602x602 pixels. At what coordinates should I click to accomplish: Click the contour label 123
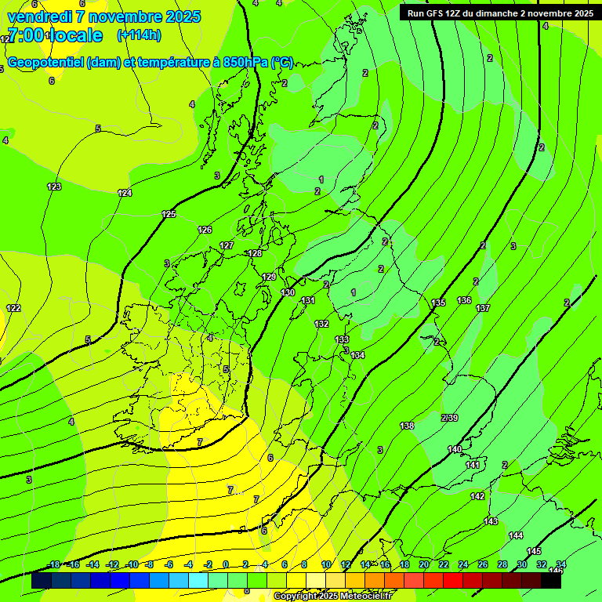tap(54, 187)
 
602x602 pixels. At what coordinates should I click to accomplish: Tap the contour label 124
tap(125, 193)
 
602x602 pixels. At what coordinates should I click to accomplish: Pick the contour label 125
tap(169, 214)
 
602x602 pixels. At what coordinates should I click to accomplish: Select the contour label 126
tap(205, 230)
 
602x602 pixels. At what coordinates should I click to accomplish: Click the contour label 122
tap(13, 308)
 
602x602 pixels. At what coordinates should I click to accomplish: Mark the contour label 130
tap(288, 292)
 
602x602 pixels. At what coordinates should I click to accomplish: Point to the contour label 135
tap(438, 303)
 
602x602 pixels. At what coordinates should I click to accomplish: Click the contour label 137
tap(483, 308)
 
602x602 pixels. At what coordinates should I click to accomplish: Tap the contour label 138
tap(407, 426)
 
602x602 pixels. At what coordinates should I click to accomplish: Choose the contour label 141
tap(473, 465)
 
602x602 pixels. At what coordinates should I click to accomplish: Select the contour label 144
tap(515, 535)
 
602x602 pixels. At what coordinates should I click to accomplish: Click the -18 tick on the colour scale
tap(54, 564)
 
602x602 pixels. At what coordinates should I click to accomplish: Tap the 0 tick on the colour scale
tap(226, 564)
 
